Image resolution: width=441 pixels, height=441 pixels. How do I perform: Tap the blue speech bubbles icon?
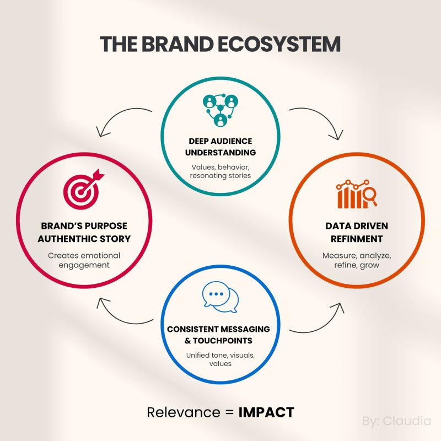tap(220, 297)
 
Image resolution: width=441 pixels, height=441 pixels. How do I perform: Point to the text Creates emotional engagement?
tap(84, 260)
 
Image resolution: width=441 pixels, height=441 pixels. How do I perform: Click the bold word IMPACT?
tap(266, 412)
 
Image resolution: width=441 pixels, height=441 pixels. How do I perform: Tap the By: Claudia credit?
tap(397, 422)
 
